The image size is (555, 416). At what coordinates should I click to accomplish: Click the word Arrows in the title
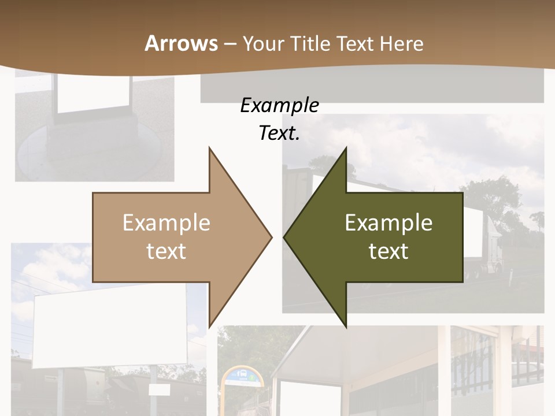[181, 43]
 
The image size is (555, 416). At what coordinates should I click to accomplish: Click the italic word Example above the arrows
[279, 105]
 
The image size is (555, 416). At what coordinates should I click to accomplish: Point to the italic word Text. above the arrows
[279, 133]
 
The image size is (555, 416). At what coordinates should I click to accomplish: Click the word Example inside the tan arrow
[166, 222]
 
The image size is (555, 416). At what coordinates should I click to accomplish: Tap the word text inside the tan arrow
[166, 251]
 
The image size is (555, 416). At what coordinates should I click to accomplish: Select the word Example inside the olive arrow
[388, 222]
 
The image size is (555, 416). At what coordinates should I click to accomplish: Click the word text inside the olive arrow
[388, 251]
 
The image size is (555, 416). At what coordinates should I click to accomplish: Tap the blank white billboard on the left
[110, 329]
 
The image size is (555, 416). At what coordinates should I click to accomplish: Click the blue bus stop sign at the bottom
[243, 376]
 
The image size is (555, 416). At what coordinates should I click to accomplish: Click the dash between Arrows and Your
[230, 43]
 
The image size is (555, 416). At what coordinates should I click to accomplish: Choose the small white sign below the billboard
[158, 390]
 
